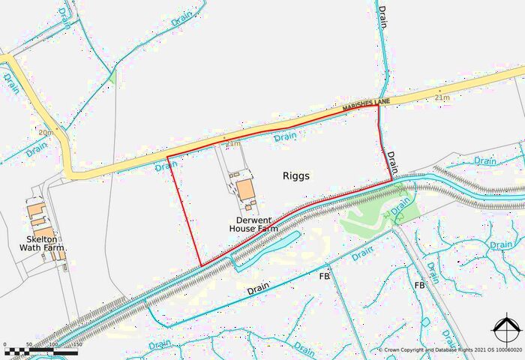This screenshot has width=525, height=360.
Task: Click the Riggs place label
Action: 296,176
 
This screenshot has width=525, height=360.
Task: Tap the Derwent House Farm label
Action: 253,223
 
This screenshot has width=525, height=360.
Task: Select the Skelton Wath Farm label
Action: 42,242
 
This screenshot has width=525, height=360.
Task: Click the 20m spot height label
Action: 45,133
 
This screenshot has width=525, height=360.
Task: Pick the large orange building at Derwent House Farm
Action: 245,189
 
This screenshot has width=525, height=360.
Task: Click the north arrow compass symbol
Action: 505,331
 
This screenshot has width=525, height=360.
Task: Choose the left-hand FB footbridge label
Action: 325,277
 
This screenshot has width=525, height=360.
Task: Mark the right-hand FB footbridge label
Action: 420,285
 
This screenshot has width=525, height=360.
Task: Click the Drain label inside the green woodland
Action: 401,202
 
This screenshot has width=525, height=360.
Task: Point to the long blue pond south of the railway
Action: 266,248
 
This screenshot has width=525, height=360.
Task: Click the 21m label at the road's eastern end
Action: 442,98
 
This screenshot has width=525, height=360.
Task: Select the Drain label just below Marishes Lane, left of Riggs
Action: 285,137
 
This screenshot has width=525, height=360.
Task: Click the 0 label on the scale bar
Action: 6,344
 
